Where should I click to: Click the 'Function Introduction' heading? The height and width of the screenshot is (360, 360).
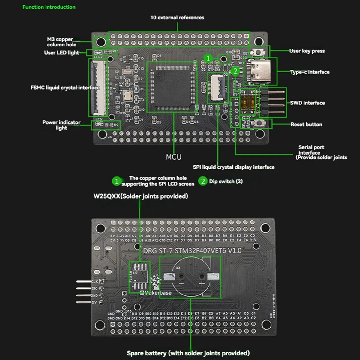(x=49, y=7)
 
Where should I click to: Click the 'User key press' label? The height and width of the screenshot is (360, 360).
(x=307, y=51)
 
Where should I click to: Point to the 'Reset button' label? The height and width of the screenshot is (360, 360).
(x=306, y=124)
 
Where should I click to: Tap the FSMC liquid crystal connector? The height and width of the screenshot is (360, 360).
(x=98, y=88)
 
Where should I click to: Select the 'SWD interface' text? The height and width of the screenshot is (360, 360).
(x=307, y=103)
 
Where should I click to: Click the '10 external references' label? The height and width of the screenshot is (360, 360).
(x=177, y=18)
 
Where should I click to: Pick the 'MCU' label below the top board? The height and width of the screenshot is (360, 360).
(x=174, y=157)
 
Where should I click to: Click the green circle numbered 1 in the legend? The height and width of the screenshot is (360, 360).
(x=116, y=181)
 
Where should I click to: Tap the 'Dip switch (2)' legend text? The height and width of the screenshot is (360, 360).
(x=226, y=181)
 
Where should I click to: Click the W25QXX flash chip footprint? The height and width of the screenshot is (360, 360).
(x=140, y=277)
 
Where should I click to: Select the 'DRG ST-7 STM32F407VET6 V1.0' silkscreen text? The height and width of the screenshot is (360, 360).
(x=192, y=250)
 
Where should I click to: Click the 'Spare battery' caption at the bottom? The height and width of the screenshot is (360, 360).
(x=188, y=353)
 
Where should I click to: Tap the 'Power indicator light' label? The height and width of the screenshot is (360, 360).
(x=61, y=125)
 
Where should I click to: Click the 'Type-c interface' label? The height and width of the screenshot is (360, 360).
(x=310, y=72)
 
